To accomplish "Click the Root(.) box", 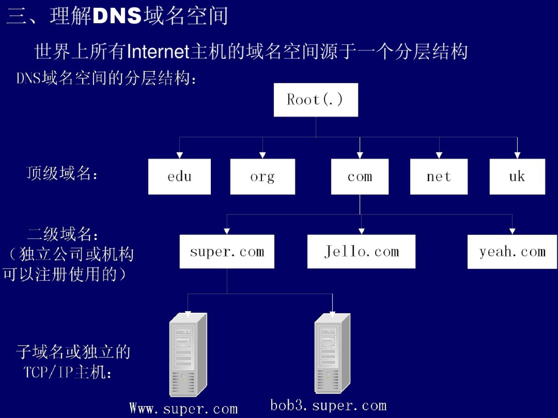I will tap(315, 100).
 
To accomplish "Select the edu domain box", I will tap(179, 176).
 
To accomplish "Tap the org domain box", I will tap(262, 176).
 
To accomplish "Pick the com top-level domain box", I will tap(360, 176).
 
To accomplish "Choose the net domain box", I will tap(439, 176).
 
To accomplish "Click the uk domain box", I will tap(517, 176).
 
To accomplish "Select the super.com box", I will tap(227, 252).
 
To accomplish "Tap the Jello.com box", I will tap(361, 252).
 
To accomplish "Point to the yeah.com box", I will tap(512, 252).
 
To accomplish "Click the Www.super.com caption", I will tap(183, 408).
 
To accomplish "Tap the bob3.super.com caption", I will tap(328, 405).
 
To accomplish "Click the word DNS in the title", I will tap(117, 16).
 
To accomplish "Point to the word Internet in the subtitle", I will tap(158, 52).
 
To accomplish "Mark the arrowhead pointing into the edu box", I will tap(179, 155).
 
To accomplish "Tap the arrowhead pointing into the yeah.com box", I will tap(512, 231).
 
